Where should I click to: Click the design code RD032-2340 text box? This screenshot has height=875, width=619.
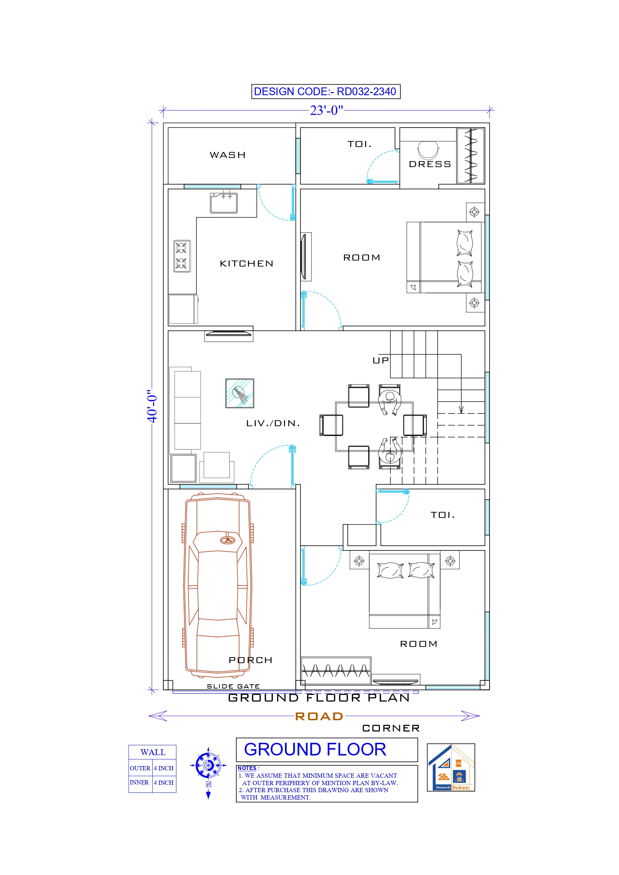pyautogui.click(x=325, y=91)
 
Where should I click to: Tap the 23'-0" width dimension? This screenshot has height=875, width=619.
pyautogui.click(x=326, y=110)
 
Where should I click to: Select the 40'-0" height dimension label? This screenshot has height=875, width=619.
pyautogui.click(x=152, y=406)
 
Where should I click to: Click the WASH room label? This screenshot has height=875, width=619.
pyautogui.click(x=228, y=155)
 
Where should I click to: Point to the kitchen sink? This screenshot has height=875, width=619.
pyautogui.click(x=224, y=203)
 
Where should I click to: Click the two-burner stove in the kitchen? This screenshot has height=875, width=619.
pyautogui.click(x=182, y=256)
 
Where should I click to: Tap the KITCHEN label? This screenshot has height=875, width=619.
pyautogui.click(x=247, y=264)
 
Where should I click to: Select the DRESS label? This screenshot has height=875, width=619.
pyautogui.click(x=430, y=164)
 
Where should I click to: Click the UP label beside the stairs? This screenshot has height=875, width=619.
pyautogui.click(x=380, y=361)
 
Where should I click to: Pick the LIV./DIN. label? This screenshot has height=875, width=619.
pyautogui.click(x=273, y=423)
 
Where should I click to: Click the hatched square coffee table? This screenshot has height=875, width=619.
pyautogui.click(x=239, y=393)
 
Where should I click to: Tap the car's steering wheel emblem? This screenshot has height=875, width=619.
pyautogui.click(x=228, y=540)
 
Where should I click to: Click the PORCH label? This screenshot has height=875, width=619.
pyautogui.click(x=250, y=660)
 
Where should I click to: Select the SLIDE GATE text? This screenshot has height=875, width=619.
pyautogui.click(x=233, y=686)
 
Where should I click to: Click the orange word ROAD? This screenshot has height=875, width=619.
pyautogui.click(x=319, y=716)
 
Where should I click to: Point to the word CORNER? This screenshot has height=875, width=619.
pyautogui.click(x=391, y=728)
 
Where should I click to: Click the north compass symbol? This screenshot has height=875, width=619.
pyautogui.click(x=208, y=765)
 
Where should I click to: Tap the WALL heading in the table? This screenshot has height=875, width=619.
pyautogui.click(x=153, y=752)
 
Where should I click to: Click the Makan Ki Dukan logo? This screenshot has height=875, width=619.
pyautogui.click(x=450, y=767)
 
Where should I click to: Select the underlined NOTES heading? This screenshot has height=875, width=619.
pyautogui.click(x=247, y=768)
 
